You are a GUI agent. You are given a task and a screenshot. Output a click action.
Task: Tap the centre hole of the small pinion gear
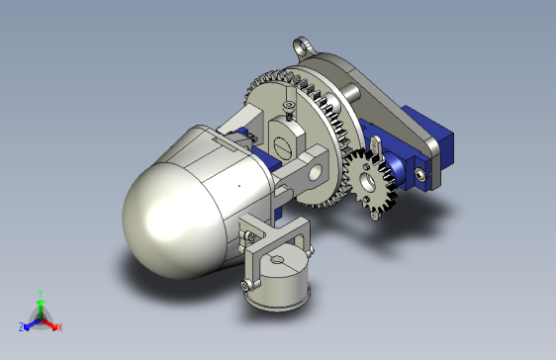(368, 181)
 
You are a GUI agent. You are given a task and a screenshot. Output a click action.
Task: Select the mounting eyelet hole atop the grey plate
(302, 46)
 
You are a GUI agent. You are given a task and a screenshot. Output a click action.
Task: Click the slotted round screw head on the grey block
(283, 146)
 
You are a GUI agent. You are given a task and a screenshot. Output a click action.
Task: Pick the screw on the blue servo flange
(420, 174)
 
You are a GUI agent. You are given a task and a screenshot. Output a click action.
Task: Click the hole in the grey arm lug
(316, 172)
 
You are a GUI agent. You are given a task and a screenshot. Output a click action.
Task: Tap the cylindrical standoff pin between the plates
(350, 92)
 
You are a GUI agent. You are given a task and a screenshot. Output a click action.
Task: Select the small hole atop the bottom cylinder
(277, 260)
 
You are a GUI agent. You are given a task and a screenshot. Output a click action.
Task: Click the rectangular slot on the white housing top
(226, 145)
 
